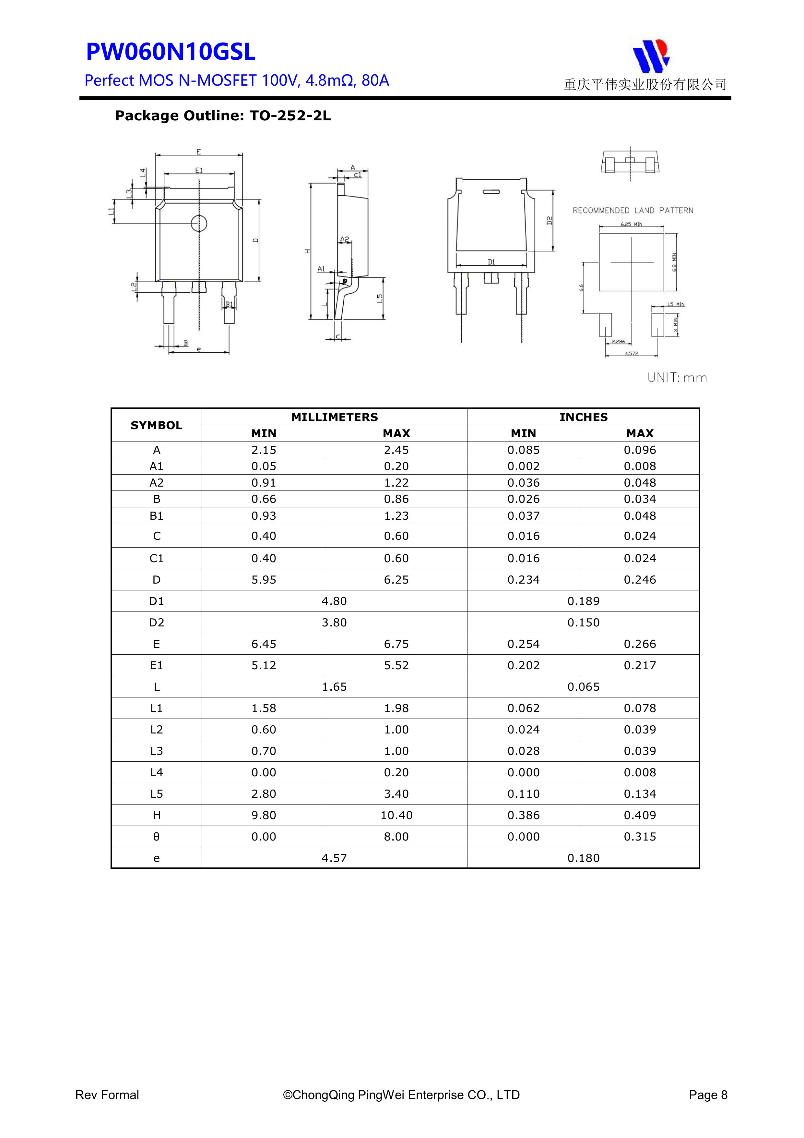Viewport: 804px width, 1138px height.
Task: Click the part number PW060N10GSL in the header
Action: [171, 52]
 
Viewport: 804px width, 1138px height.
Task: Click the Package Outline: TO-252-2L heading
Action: [222, 116]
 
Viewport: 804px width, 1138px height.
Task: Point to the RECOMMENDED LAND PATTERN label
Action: [633, 211]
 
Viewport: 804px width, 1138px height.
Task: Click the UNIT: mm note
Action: [677, 378]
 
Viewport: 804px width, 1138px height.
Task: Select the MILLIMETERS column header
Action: [334, 417]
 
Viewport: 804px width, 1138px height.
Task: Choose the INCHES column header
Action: [583, 417]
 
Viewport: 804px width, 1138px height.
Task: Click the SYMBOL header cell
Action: [157, 425]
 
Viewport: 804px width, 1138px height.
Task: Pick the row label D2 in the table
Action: [157, 623]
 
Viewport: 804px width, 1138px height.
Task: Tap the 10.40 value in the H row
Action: [396, 815]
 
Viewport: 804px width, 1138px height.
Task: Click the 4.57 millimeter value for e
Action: [334, 858]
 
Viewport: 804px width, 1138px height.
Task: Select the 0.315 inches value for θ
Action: [640, 837]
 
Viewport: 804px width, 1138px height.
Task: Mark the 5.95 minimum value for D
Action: [264, 580]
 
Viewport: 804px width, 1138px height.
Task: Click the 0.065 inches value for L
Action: [583, 687]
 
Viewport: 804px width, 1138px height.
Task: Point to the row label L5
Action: [157, 794]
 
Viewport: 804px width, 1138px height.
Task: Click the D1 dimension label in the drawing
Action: [491, 262]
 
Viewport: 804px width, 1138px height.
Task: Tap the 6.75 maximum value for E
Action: [396, 644]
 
